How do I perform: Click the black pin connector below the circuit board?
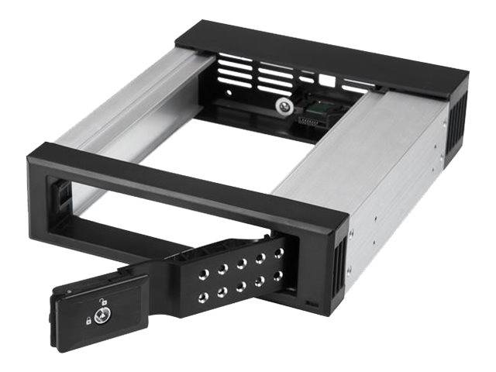click(x=314, y=123)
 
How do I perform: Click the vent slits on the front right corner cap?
click(x=339, y=267)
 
